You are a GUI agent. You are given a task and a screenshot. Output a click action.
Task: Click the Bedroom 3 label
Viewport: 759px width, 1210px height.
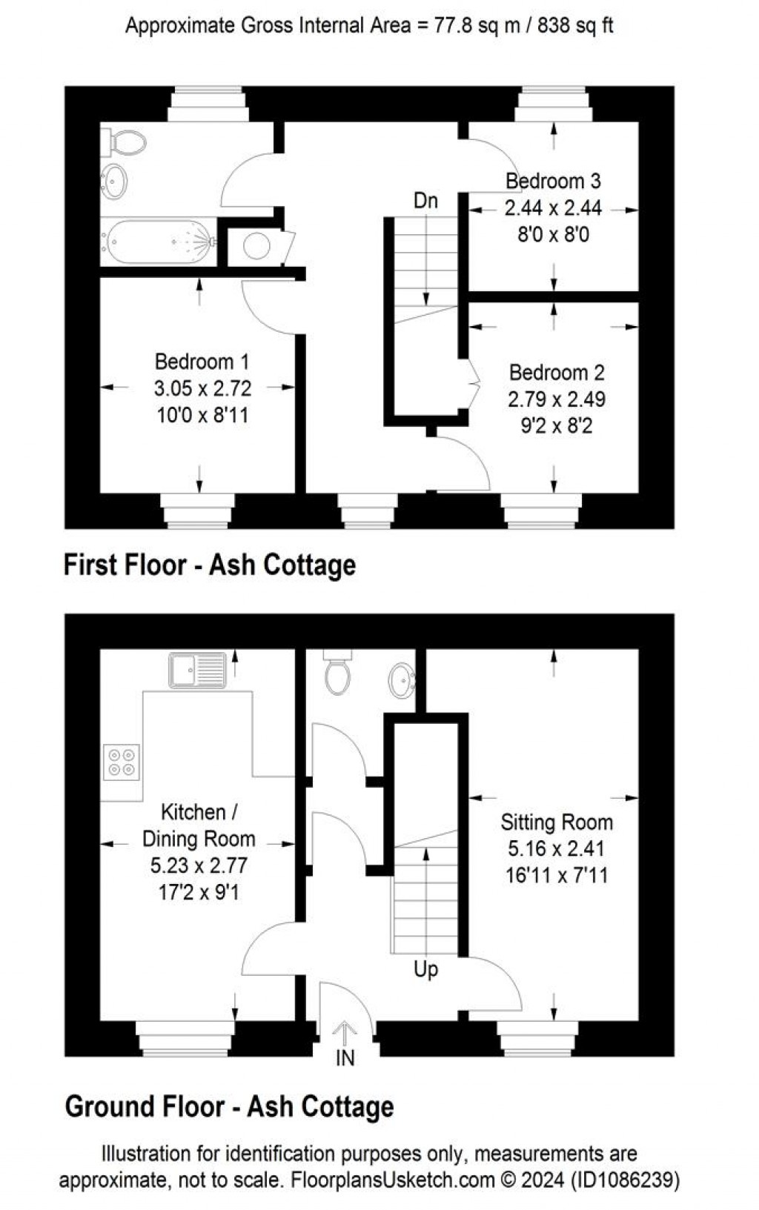[553, 181]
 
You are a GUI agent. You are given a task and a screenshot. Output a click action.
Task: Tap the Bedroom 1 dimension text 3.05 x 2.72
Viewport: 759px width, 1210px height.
[202, 388]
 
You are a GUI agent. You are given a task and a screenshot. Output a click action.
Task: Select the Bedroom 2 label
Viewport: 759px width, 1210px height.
[557, 372]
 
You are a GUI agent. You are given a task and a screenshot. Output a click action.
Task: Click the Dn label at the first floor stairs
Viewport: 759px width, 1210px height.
[425, 201]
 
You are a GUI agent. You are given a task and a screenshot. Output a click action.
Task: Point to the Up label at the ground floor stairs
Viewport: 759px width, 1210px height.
[425, 969]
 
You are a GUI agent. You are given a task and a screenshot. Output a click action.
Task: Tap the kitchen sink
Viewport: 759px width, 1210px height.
[197, 670]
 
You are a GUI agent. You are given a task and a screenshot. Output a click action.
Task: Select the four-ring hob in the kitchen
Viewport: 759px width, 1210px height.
[122, 762]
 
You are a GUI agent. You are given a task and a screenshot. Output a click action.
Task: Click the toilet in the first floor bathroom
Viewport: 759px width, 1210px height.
[124, 142]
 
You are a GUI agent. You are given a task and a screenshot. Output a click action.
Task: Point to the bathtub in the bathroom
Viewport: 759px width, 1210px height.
[159, 241]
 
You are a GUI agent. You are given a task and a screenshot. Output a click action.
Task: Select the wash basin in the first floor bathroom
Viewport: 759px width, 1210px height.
[114, 181]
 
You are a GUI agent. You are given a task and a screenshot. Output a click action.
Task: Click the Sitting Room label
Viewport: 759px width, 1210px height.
[557, 822]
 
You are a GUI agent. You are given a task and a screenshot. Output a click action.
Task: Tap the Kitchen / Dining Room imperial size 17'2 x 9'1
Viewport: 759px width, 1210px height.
[199, 892]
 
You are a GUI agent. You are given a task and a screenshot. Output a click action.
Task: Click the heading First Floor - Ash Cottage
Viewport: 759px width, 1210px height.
[210, 565]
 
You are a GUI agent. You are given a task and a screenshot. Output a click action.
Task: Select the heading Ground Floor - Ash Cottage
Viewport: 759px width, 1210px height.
[229, 1107]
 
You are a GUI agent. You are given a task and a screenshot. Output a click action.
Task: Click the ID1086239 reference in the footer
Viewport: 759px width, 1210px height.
[627, 1180]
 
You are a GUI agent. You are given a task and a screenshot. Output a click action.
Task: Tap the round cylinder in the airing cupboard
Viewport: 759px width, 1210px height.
[256, 246]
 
